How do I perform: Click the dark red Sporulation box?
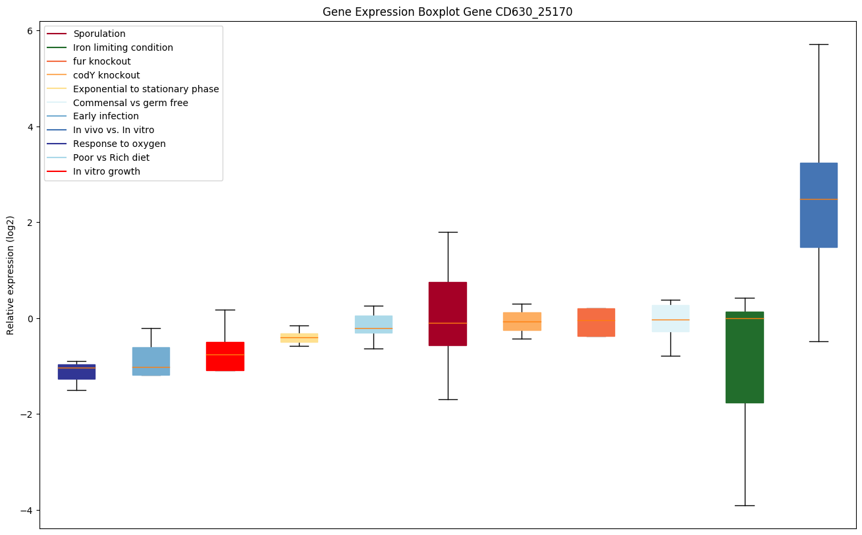pos(447,314)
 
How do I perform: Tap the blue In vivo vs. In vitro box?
pos(819,205)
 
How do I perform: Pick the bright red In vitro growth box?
pos(225,356)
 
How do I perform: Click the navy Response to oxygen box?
pos(76,372)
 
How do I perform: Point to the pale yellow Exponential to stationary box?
pos(299,337)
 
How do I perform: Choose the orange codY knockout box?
pos(522,321)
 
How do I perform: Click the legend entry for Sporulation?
pos(99,34)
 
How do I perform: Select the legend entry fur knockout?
pos(102,61)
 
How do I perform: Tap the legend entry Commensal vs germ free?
pos(130,103)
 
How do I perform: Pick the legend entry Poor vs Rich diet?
pos(111,157)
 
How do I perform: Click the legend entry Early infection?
pos(106,117)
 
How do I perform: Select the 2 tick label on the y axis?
pos(30,223)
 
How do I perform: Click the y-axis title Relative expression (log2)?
pos(11,275)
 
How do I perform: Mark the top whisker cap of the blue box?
pos(819,44)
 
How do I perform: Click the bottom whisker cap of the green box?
pos(744,505)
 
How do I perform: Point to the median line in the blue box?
pos(819,199)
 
